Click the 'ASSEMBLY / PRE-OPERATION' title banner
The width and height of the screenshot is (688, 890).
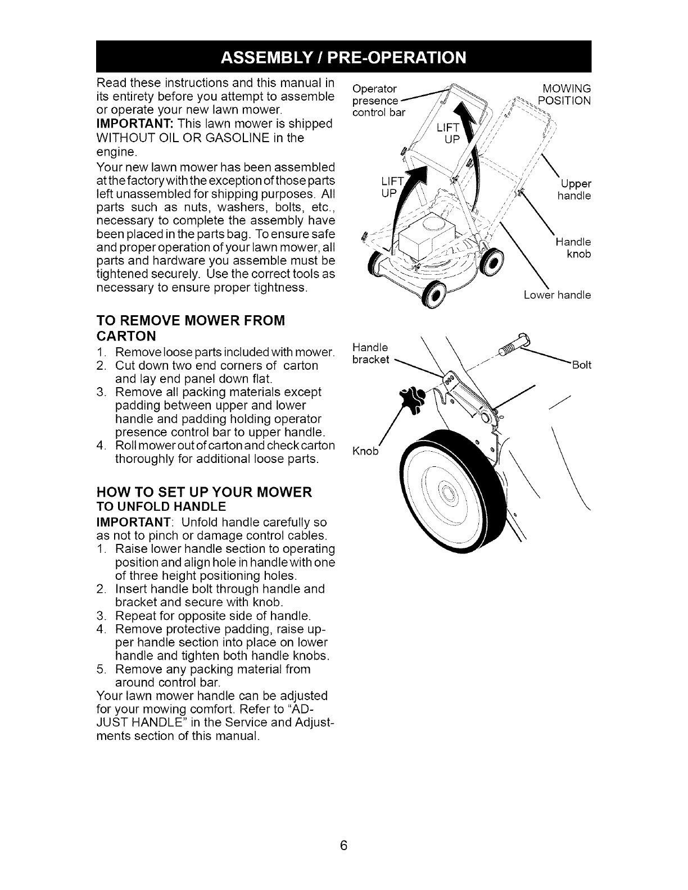pos(344,57)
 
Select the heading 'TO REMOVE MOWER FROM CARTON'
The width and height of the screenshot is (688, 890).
pos(191,328)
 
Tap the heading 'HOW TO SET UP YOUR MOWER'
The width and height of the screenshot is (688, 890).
pos(204,492)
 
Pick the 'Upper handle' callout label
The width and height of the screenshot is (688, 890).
pos(574,190)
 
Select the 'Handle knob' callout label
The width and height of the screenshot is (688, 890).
pos(573,248)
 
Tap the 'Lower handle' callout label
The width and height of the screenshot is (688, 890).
pos(556,294)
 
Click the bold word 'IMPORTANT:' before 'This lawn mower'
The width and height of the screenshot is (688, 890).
pos(130,123)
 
